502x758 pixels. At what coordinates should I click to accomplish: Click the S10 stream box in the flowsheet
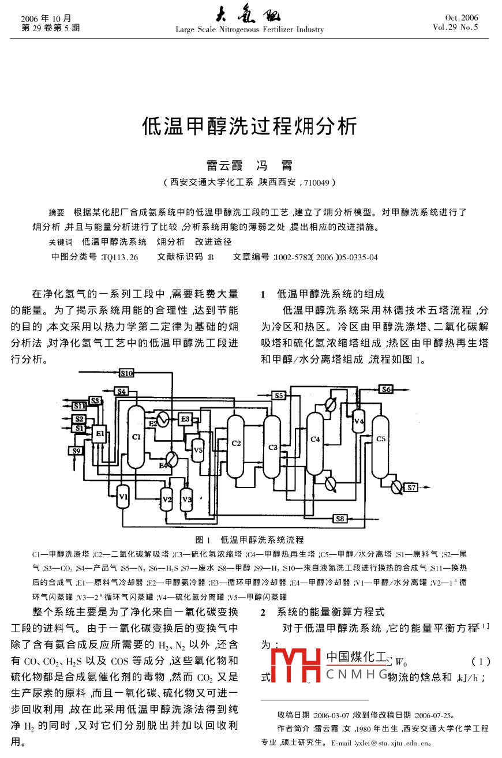tap(127, 373)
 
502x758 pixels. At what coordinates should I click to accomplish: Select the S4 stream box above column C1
tap(121, 392)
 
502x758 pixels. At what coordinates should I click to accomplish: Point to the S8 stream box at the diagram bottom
tap(340, 519)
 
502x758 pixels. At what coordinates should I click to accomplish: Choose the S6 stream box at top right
tap(386, 389)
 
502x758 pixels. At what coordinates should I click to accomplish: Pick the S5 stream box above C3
tap(279, 395)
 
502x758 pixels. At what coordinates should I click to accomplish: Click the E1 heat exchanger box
tap(99, 434)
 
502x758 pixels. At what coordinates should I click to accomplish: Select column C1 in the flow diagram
tap(136, 436)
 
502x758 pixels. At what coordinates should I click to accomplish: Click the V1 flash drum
tap(123, 495)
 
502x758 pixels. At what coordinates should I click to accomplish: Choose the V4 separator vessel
tap(359, 422)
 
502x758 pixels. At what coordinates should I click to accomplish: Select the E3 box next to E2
tap(185, 419)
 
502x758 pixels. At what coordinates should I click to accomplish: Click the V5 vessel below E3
tap(198, 449)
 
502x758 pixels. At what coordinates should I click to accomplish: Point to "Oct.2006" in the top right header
tap(462, 18)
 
